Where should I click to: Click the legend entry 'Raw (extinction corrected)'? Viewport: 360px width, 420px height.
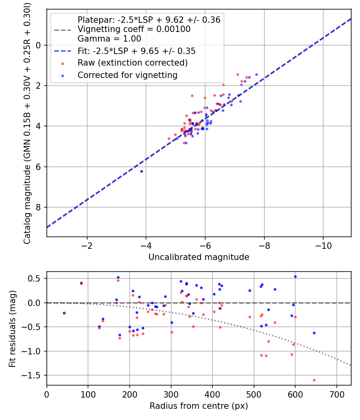[x=132, y=63]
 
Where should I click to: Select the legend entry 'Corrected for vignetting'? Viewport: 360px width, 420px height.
[x=127, y=75]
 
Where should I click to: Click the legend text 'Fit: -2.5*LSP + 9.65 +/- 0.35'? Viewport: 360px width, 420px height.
[x=136, y=51]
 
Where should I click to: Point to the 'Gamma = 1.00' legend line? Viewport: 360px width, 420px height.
[x=109, y=39]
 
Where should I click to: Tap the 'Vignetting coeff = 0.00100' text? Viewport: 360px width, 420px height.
[x=134, y=29]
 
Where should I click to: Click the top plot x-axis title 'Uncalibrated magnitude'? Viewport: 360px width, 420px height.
[x=199, y=257]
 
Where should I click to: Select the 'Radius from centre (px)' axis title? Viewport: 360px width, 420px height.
[x=199, y=406]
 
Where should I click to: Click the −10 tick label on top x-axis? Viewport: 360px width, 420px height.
[x=323, y=246]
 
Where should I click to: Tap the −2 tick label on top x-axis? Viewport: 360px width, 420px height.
[x=87, y=246]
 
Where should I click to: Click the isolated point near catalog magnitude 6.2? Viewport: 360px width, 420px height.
[x=142, y=171]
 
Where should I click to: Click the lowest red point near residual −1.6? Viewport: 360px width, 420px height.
[x=314, y=380]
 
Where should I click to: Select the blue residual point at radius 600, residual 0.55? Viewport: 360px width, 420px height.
[x=295, y=276]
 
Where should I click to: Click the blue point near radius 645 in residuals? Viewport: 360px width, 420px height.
[x=314, y=333]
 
